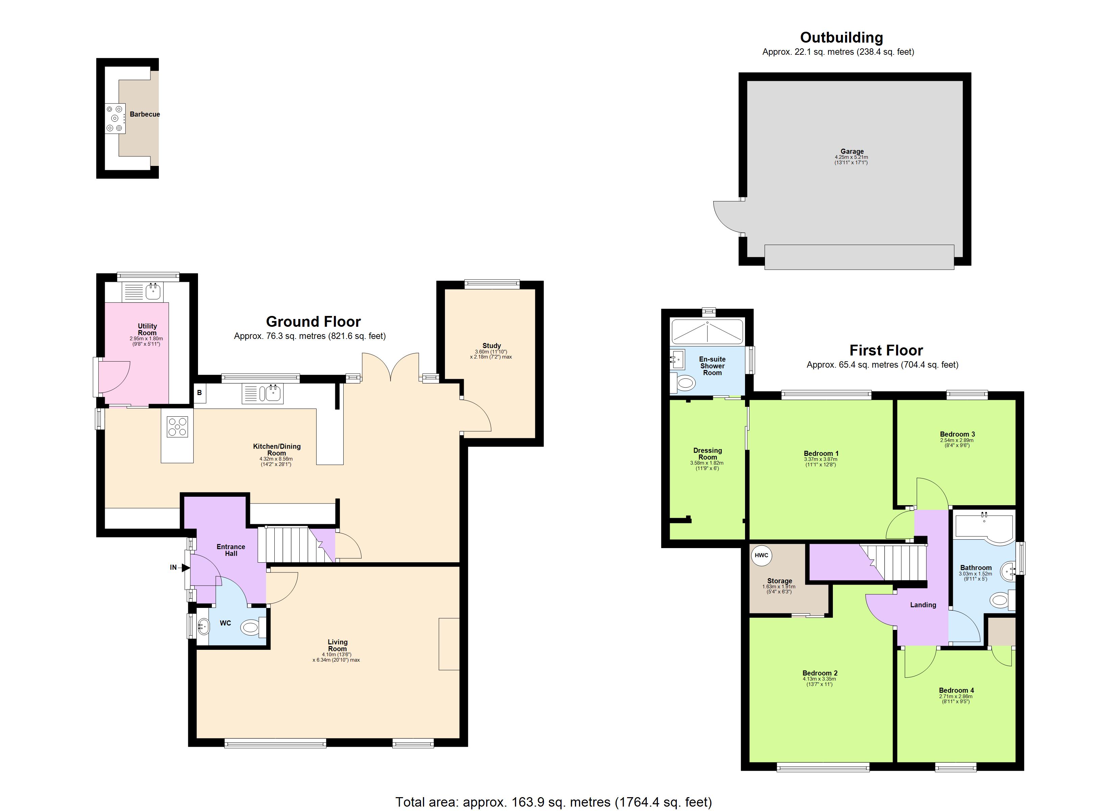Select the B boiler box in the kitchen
200,392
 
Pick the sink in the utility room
153,291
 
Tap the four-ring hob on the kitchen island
177,427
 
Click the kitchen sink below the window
272,393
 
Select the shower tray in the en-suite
708,331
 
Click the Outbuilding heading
841,38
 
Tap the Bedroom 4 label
956,690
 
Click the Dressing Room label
708,453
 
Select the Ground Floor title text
313,322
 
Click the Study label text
491,346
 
